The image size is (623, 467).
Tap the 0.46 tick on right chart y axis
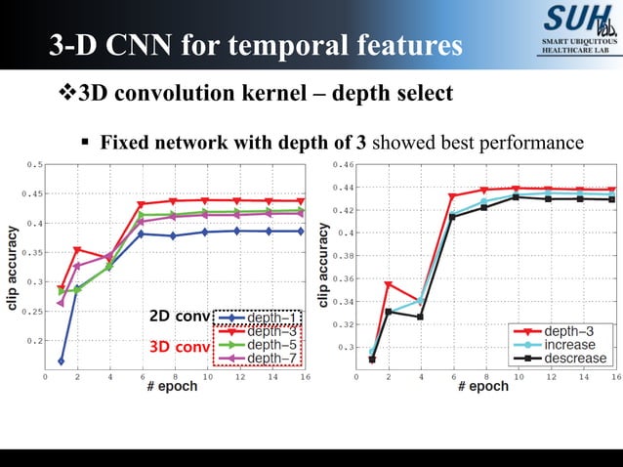point(343,164)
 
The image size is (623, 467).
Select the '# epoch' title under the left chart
point(172,386)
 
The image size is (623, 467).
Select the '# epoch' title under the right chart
point(483,386)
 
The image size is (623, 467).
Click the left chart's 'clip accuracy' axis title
point(13,270)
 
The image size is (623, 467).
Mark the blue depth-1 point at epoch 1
point(62,361)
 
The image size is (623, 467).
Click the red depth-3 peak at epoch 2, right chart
point(389,284)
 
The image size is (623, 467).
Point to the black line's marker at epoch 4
point(421,317)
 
